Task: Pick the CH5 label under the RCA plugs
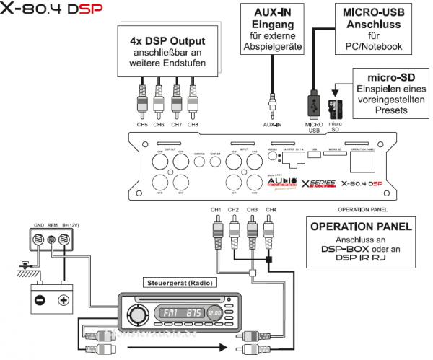142,125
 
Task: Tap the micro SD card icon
334,107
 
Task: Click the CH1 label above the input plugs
216,210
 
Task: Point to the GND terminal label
28,224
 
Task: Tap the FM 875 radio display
180,315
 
